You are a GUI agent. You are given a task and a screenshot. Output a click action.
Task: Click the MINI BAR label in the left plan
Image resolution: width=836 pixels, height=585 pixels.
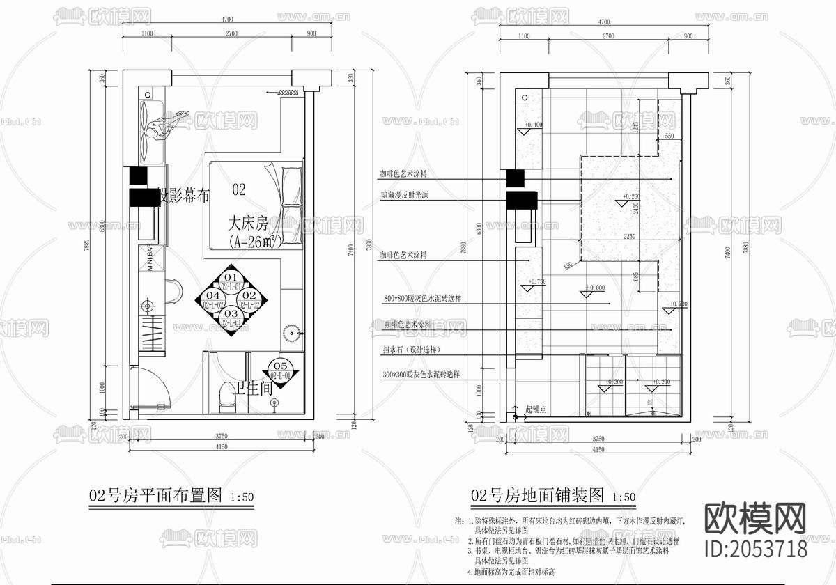(x=150, y=260)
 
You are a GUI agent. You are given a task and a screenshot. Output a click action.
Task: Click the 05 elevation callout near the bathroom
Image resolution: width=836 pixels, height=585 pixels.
(x=281, y=370)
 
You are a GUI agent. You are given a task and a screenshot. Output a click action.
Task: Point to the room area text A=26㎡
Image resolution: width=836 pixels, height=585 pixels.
(x=252, y=241)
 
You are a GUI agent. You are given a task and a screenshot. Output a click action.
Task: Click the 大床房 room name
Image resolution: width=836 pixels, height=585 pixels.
(x=247, y=224)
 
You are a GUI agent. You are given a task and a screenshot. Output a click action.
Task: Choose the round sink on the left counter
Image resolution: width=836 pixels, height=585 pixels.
(x=147, y=304)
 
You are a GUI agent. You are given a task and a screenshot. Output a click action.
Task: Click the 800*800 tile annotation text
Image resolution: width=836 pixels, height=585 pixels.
(x=424, y=298)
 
